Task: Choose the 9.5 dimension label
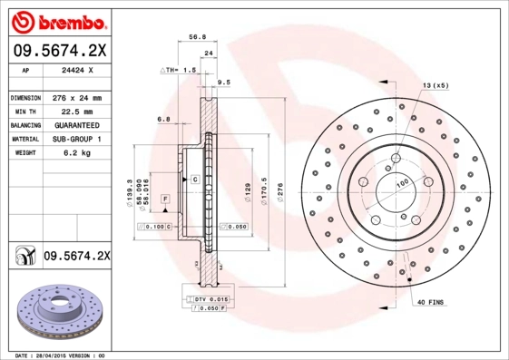click(x=224, y=82)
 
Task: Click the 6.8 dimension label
click(x=163, y=119)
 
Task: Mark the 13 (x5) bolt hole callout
click(x=434, y=85)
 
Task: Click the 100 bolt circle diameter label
click(x=402, y=183)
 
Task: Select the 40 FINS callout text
click(x=430, y=300)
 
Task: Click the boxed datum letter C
click(x=194, y=180)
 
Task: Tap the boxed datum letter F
click(x=166, y=198)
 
